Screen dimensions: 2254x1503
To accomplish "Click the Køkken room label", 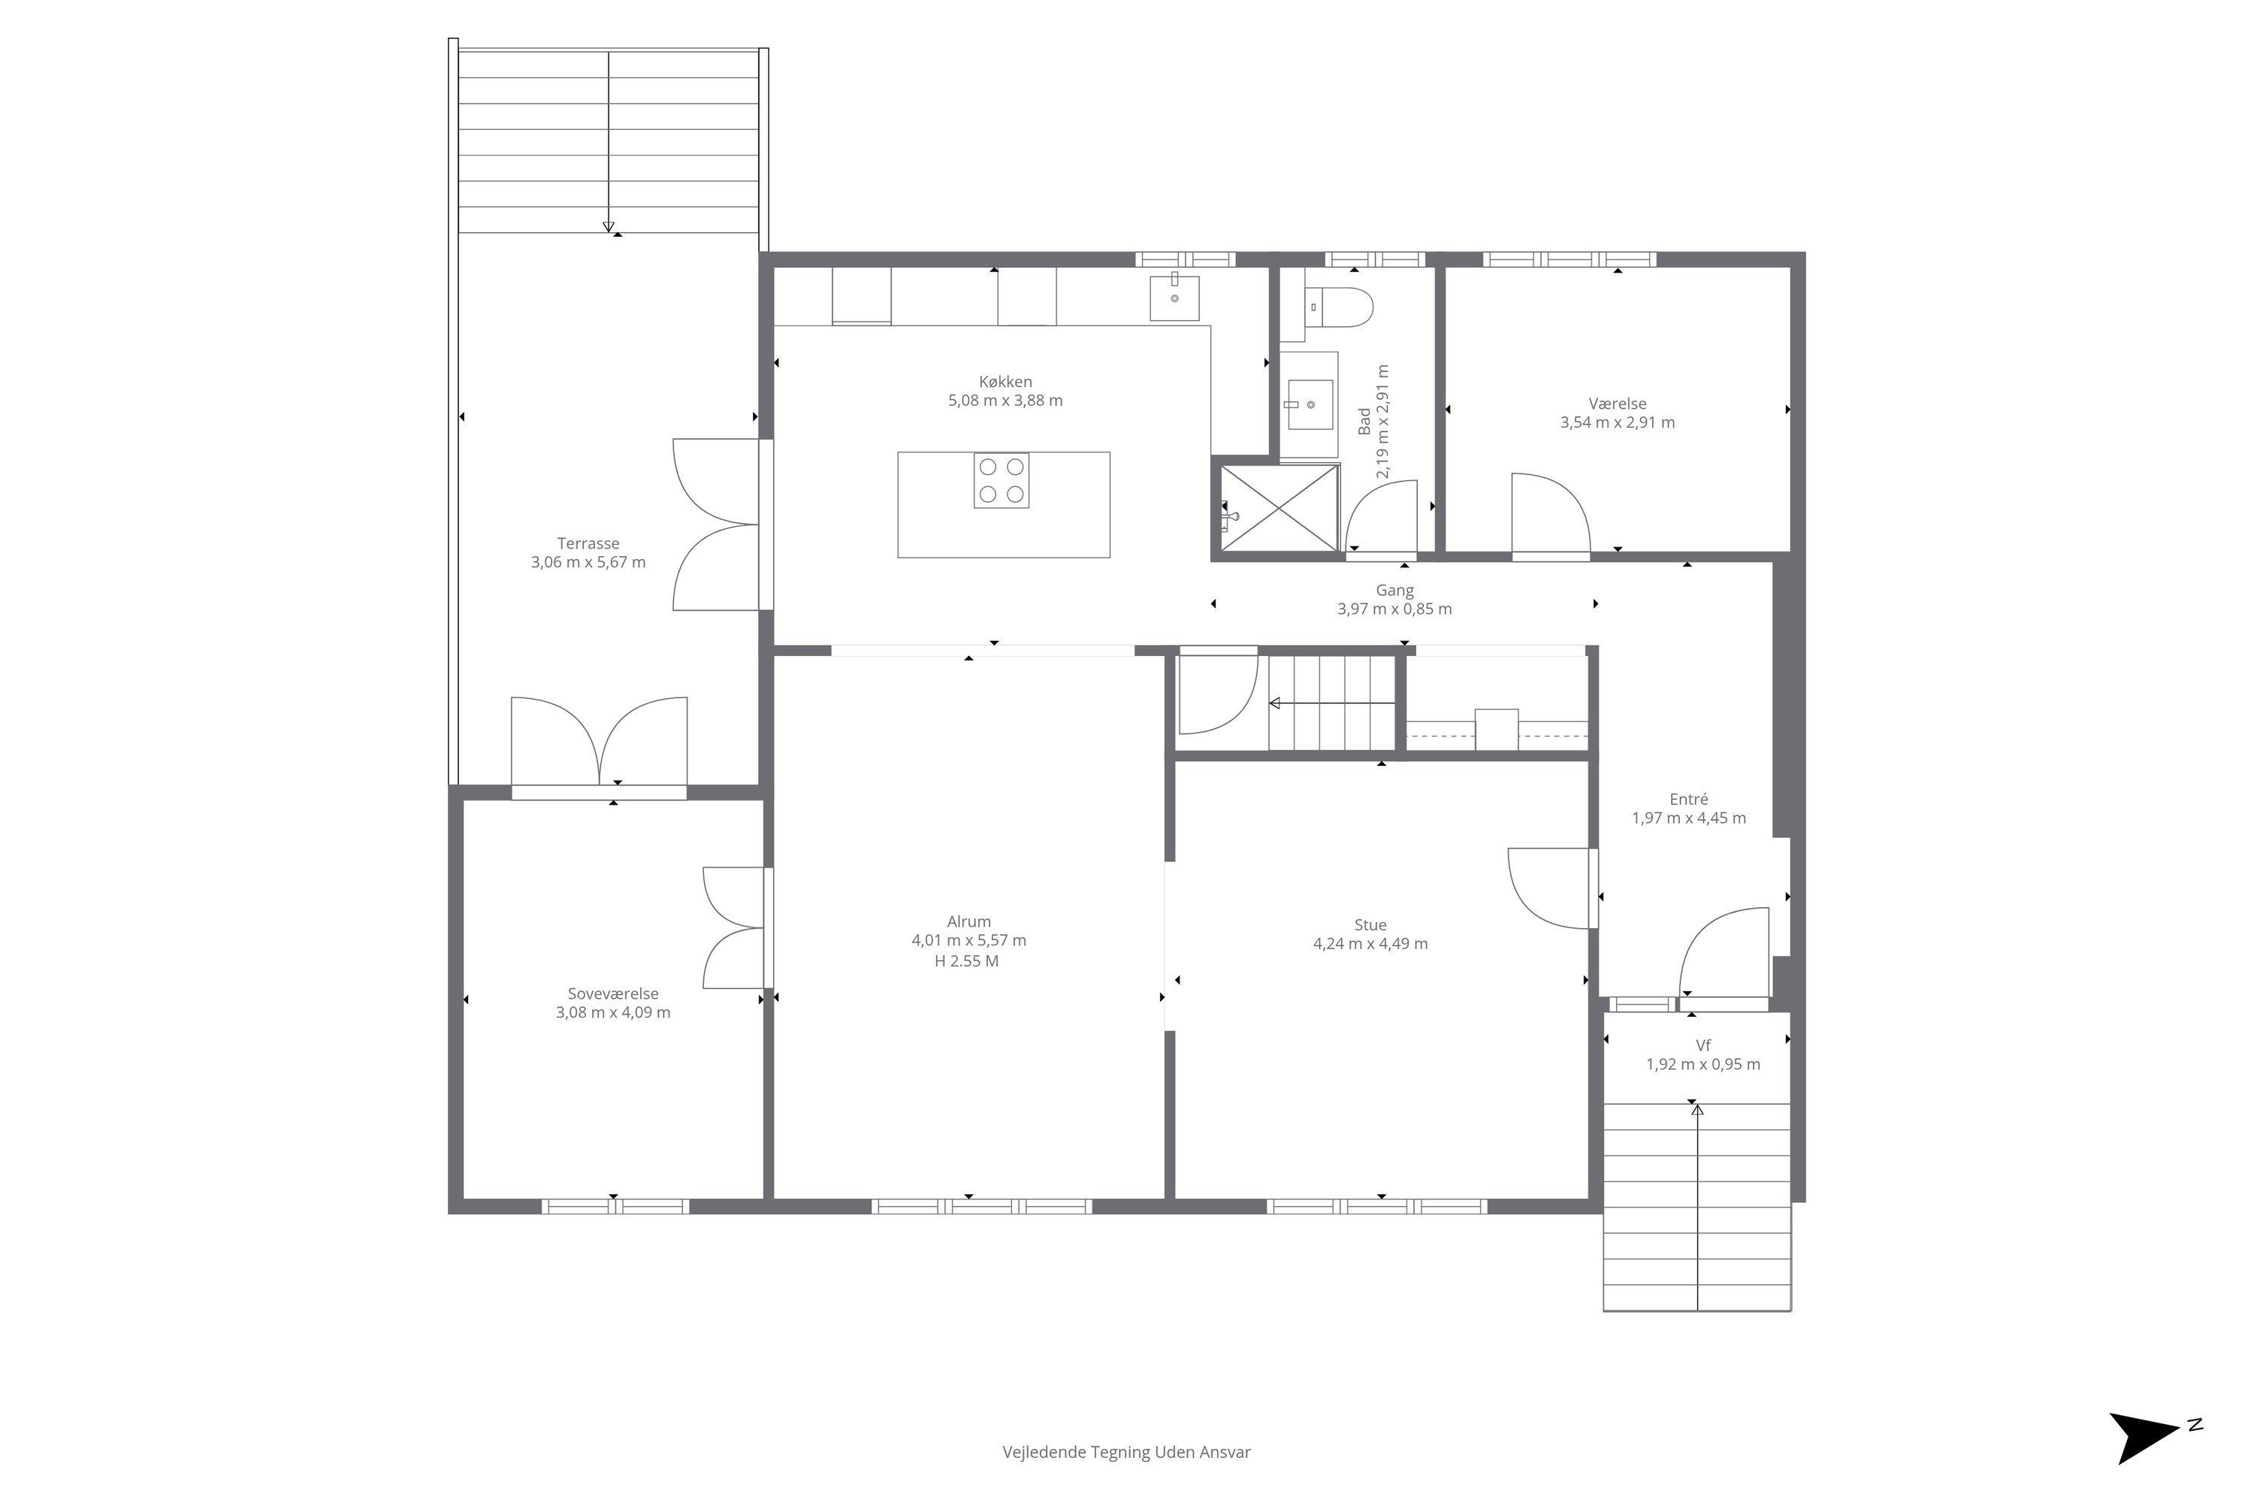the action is [x=1005, y=382].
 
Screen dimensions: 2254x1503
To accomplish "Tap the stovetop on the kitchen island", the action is [x=1002, y=480].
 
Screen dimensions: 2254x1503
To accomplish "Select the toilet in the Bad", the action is [x=1340, y=307].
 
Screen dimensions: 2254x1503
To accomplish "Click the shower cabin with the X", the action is [x=1280, y=508].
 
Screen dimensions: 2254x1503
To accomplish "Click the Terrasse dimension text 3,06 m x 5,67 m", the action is [x=588, y=563].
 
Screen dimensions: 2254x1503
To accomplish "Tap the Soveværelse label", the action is [x=613, y=994].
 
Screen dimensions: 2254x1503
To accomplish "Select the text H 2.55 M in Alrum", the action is [x=967, y=961].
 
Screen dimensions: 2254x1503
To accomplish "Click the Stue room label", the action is [x=1370, y=925].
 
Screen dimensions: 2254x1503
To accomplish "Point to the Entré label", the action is [x=1688, y=800].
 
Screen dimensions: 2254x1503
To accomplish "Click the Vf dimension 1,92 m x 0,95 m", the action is [x=1703, y=1064].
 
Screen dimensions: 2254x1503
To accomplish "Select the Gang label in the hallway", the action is [x=1394, y=591].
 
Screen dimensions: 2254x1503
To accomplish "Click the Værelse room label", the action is [x=1618, y=404].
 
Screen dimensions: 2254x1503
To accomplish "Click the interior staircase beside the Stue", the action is [x=1332, y=703].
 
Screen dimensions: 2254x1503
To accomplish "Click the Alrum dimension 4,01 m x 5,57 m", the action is [x=969, y=940].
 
